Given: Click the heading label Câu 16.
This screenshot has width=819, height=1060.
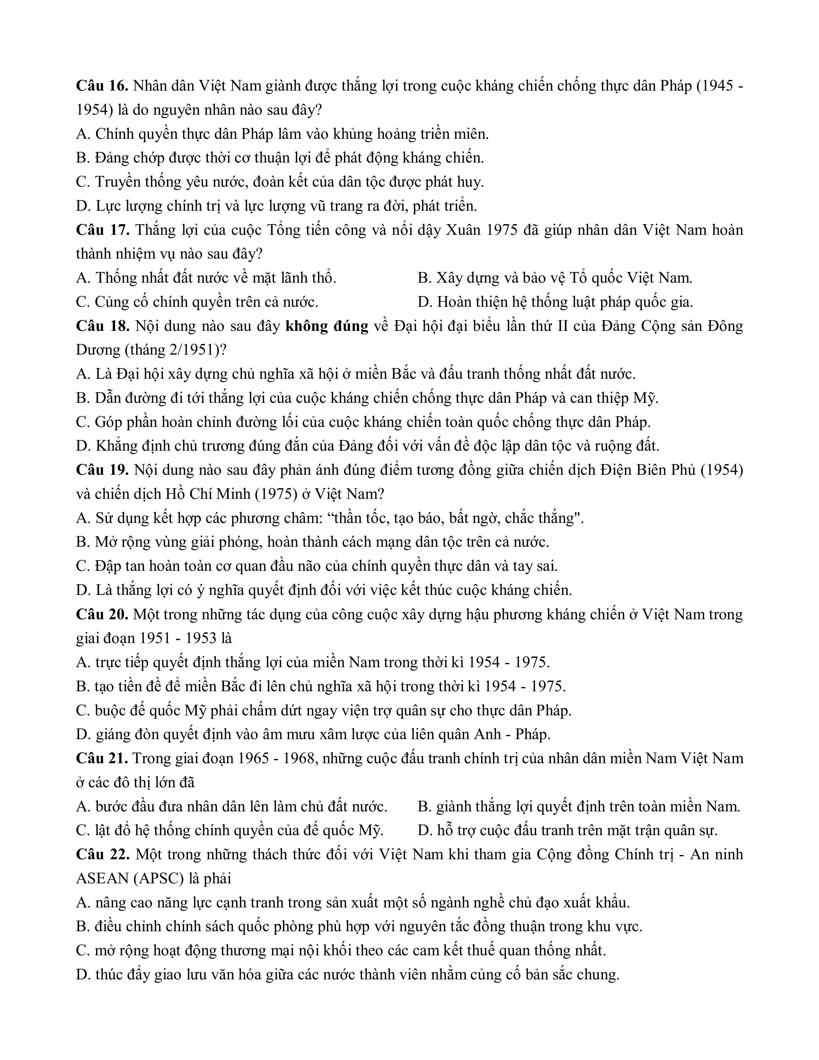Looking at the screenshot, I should (102, 86).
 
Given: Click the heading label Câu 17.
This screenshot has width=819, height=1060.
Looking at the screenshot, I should (102, 230).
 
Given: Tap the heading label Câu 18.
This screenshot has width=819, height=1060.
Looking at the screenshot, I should (102, 326).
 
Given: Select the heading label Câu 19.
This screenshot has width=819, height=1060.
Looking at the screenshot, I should (102, 470).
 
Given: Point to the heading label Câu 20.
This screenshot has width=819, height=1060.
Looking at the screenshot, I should (102, 614).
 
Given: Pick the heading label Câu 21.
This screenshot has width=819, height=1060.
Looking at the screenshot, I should (102, 758).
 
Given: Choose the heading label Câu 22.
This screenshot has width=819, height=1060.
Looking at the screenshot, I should (102, 854).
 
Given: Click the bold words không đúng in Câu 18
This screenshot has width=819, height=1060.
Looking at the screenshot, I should (327, 326).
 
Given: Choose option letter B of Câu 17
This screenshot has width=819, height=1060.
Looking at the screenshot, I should (423, 278).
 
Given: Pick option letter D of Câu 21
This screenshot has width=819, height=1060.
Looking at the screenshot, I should (423, 830).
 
